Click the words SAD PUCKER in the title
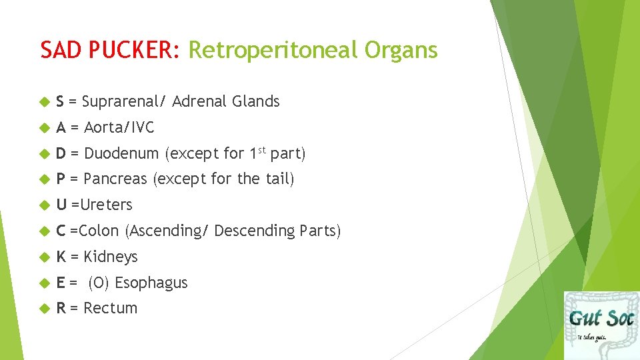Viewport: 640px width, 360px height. [110, 50]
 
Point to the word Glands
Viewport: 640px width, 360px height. [255, 101]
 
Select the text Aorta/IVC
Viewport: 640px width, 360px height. [119, 127]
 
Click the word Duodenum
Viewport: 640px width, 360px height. [121, 153]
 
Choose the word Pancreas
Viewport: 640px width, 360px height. [116, 179]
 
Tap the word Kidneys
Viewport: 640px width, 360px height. [111, 257]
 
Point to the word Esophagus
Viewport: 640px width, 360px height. [151, 283]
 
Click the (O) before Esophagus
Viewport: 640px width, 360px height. [99, 283]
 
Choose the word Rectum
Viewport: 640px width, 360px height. [111, 308]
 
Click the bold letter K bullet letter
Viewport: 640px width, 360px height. [61, 257]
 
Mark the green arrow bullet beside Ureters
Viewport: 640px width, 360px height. [45, 205]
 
